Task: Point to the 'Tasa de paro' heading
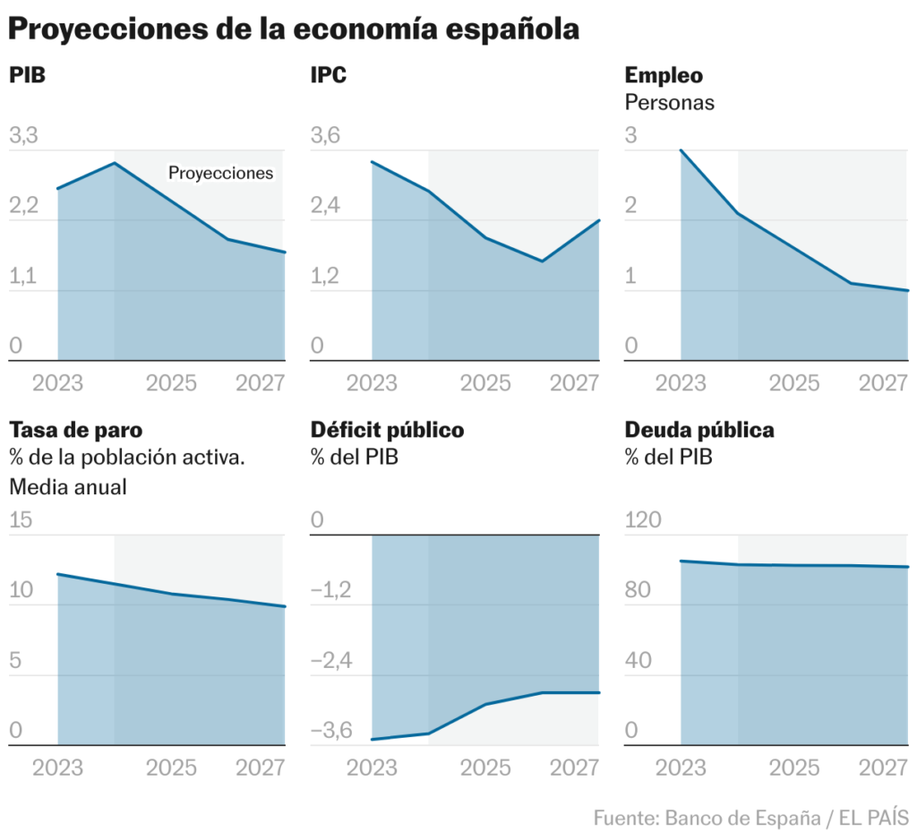point(75,430)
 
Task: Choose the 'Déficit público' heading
point(387,430)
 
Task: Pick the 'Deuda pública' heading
point(699,430)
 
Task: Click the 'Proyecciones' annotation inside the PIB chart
point(220,173)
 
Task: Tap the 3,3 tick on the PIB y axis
point(24,136)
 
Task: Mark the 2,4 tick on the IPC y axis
point(327,206)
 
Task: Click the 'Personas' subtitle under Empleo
point(669,102)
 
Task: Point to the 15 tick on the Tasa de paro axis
point(21,520)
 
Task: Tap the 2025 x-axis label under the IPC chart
point(485,383)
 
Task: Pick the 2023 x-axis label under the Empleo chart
point(681,383)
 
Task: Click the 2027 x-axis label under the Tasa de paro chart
point(260,767)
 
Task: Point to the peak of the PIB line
point(115,163)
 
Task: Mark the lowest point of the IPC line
point(542,261)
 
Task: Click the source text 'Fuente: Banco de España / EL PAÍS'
point(750,818)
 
